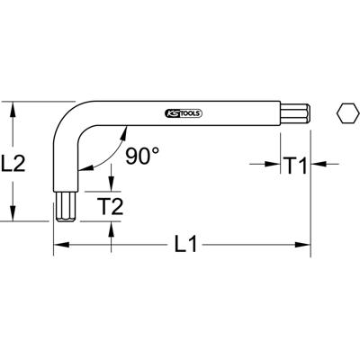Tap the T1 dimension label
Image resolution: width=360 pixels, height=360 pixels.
click(x=297, y=165)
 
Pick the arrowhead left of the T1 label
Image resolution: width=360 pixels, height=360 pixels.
click(x=274, y=165)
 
